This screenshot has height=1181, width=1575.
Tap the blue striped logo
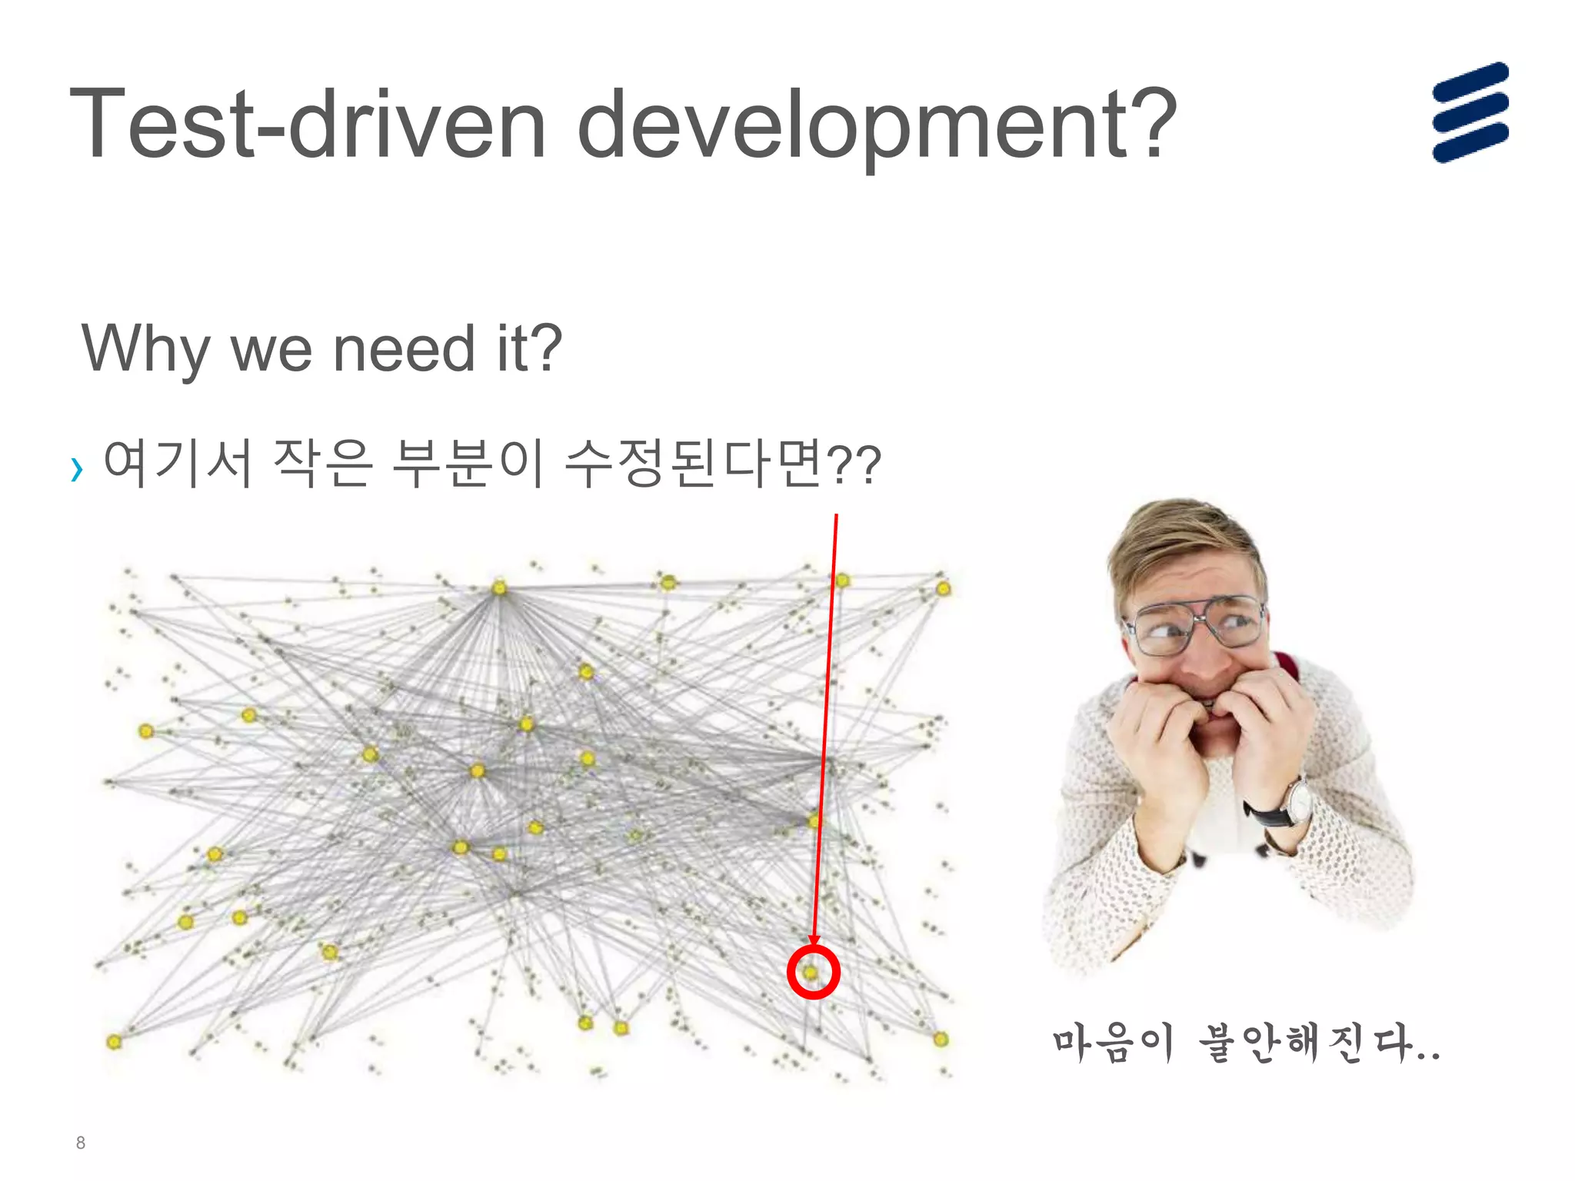(x=1470, y=112)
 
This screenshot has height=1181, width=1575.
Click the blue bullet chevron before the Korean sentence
(x=76, y=468)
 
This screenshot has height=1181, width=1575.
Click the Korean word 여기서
(x=178, y=463)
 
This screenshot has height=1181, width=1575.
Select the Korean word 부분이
(x=468, y=463)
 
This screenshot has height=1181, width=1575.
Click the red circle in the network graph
(x=813, y=973)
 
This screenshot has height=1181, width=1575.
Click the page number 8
(x=81, y=1143)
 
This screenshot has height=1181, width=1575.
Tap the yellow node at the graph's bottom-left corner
(x=114, y=1042)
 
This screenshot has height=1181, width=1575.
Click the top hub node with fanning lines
(x=500, y=588)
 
